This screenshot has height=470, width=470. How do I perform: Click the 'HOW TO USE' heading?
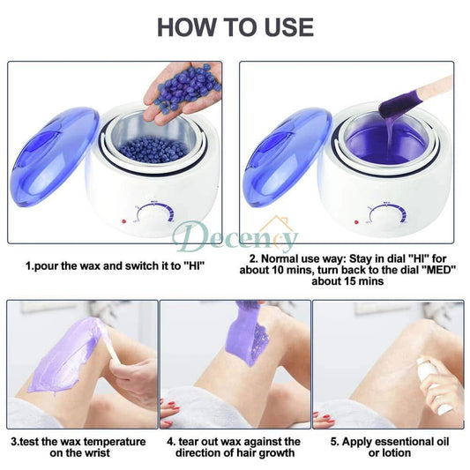pyautogui.click(x=235, y=26)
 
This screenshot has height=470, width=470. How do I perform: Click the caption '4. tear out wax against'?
pyautogui.click(x=234, y=441)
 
